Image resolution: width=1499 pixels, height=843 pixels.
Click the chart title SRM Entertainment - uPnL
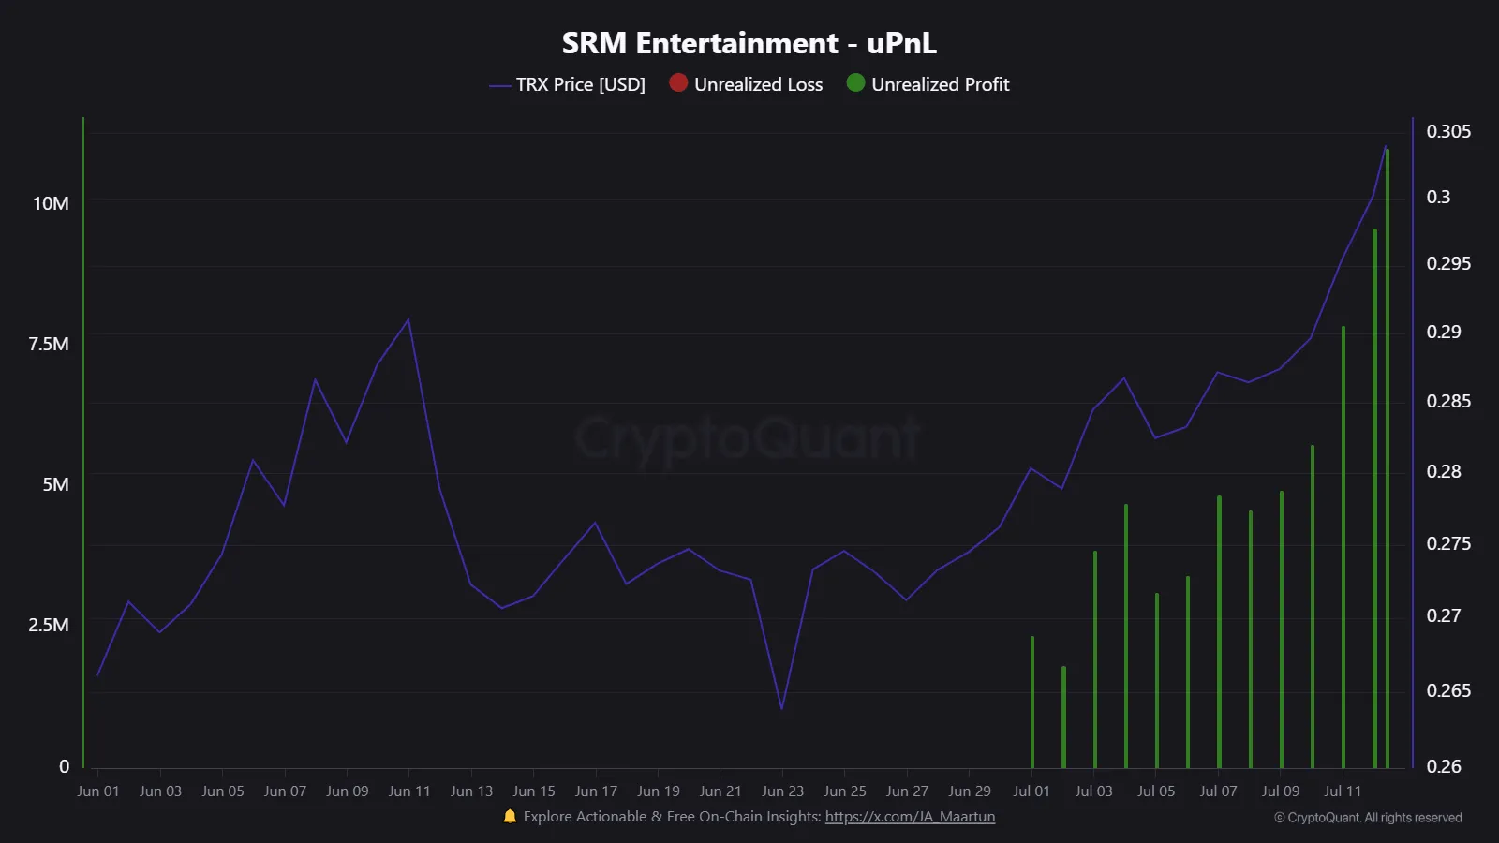pos(749,43)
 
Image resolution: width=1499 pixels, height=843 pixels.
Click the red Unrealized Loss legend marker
pos(678,83)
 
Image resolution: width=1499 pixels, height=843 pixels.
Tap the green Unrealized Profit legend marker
pos(855,83)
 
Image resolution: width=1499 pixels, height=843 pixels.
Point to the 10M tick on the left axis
pos(51,203)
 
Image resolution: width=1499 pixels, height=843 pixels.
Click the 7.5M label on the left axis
pos(49,344)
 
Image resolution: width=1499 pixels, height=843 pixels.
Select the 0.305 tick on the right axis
pos(1447,131)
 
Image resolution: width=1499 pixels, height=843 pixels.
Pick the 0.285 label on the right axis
pos(1447,401)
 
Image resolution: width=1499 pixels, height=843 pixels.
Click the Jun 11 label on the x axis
pos(409,791)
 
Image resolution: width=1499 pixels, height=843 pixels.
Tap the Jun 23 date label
pos(782,791)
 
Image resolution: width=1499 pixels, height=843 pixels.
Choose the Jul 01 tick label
pos(1031,791)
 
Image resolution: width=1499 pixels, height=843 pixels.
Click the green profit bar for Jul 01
pos(1032,702)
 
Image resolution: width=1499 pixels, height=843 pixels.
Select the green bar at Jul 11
pos(1343,548)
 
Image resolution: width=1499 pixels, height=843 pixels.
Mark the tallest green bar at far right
pos(1387,459)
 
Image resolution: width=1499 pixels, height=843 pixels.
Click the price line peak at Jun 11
pos(408,319)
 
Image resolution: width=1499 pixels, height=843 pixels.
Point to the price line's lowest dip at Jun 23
pos(781,708)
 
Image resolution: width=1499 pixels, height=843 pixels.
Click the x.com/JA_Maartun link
pos(910,817)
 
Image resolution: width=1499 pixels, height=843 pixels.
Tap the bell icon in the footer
pos(510,817)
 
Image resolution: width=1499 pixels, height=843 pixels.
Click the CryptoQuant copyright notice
pos(1368,818)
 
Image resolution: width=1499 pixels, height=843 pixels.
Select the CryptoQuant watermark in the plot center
pos(748,438)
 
